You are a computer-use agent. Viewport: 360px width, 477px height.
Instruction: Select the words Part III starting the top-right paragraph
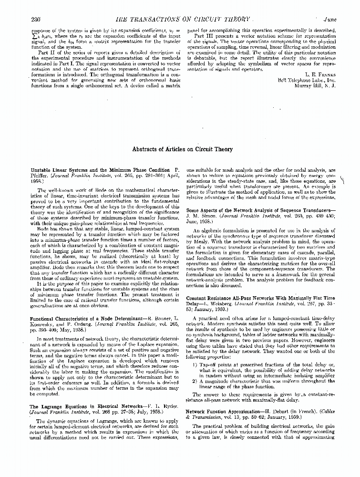(x=202, y=36)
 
